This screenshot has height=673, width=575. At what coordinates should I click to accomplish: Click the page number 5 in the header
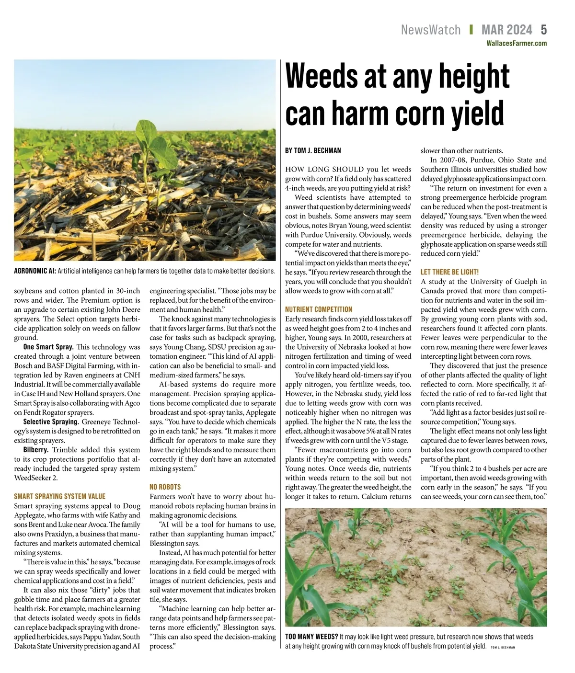click(543, 30)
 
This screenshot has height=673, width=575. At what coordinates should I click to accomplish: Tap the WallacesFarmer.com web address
click(517, 43)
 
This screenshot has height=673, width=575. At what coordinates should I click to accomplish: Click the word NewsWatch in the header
click(430, 30)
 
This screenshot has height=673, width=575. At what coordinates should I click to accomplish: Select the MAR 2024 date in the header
click(506, 30)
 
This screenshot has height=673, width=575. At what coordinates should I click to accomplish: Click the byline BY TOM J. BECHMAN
click(313, 150)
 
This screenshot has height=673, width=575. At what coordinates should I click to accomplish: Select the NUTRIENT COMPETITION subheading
click(318, 309)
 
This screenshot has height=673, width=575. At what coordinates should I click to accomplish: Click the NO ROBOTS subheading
click(165, 487)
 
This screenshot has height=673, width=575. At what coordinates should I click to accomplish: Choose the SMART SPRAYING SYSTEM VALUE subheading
click(59, 496)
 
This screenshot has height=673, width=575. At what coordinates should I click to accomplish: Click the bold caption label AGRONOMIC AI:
click(34, 271)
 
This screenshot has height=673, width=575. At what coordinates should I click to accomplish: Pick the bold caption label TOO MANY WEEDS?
click(311, 637)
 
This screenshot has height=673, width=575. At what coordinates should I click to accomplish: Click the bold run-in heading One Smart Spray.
click(48, 347)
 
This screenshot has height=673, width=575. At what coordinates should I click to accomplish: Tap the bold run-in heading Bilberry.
click(36, 450)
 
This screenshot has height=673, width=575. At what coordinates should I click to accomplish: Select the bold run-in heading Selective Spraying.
click(51, 422)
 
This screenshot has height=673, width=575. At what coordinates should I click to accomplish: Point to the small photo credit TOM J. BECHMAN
click(503, 647)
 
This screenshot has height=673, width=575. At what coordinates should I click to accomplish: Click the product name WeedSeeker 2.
click(36, 478)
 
